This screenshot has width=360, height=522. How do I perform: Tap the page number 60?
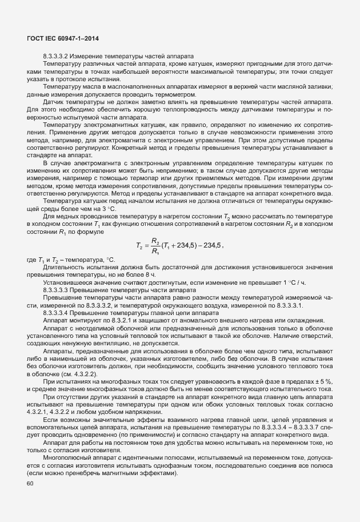(x=30, y=484)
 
